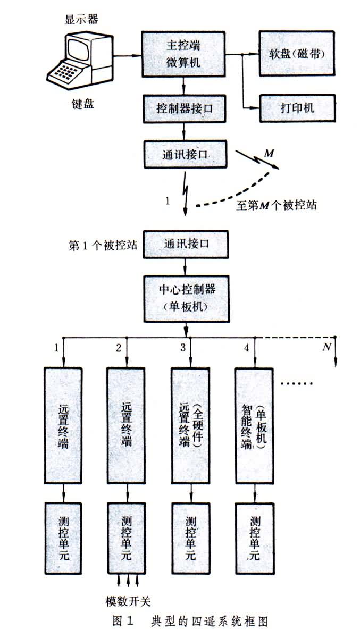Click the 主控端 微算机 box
pos(183,53)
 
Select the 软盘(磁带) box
pos(297,53)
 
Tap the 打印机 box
pos(297,108)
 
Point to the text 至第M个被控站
pos(277,205)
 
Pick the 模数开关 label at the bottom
pos(128,601)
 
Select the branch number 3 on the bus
pos(182,348)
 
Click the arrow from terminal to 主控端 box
pos(128,54)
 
